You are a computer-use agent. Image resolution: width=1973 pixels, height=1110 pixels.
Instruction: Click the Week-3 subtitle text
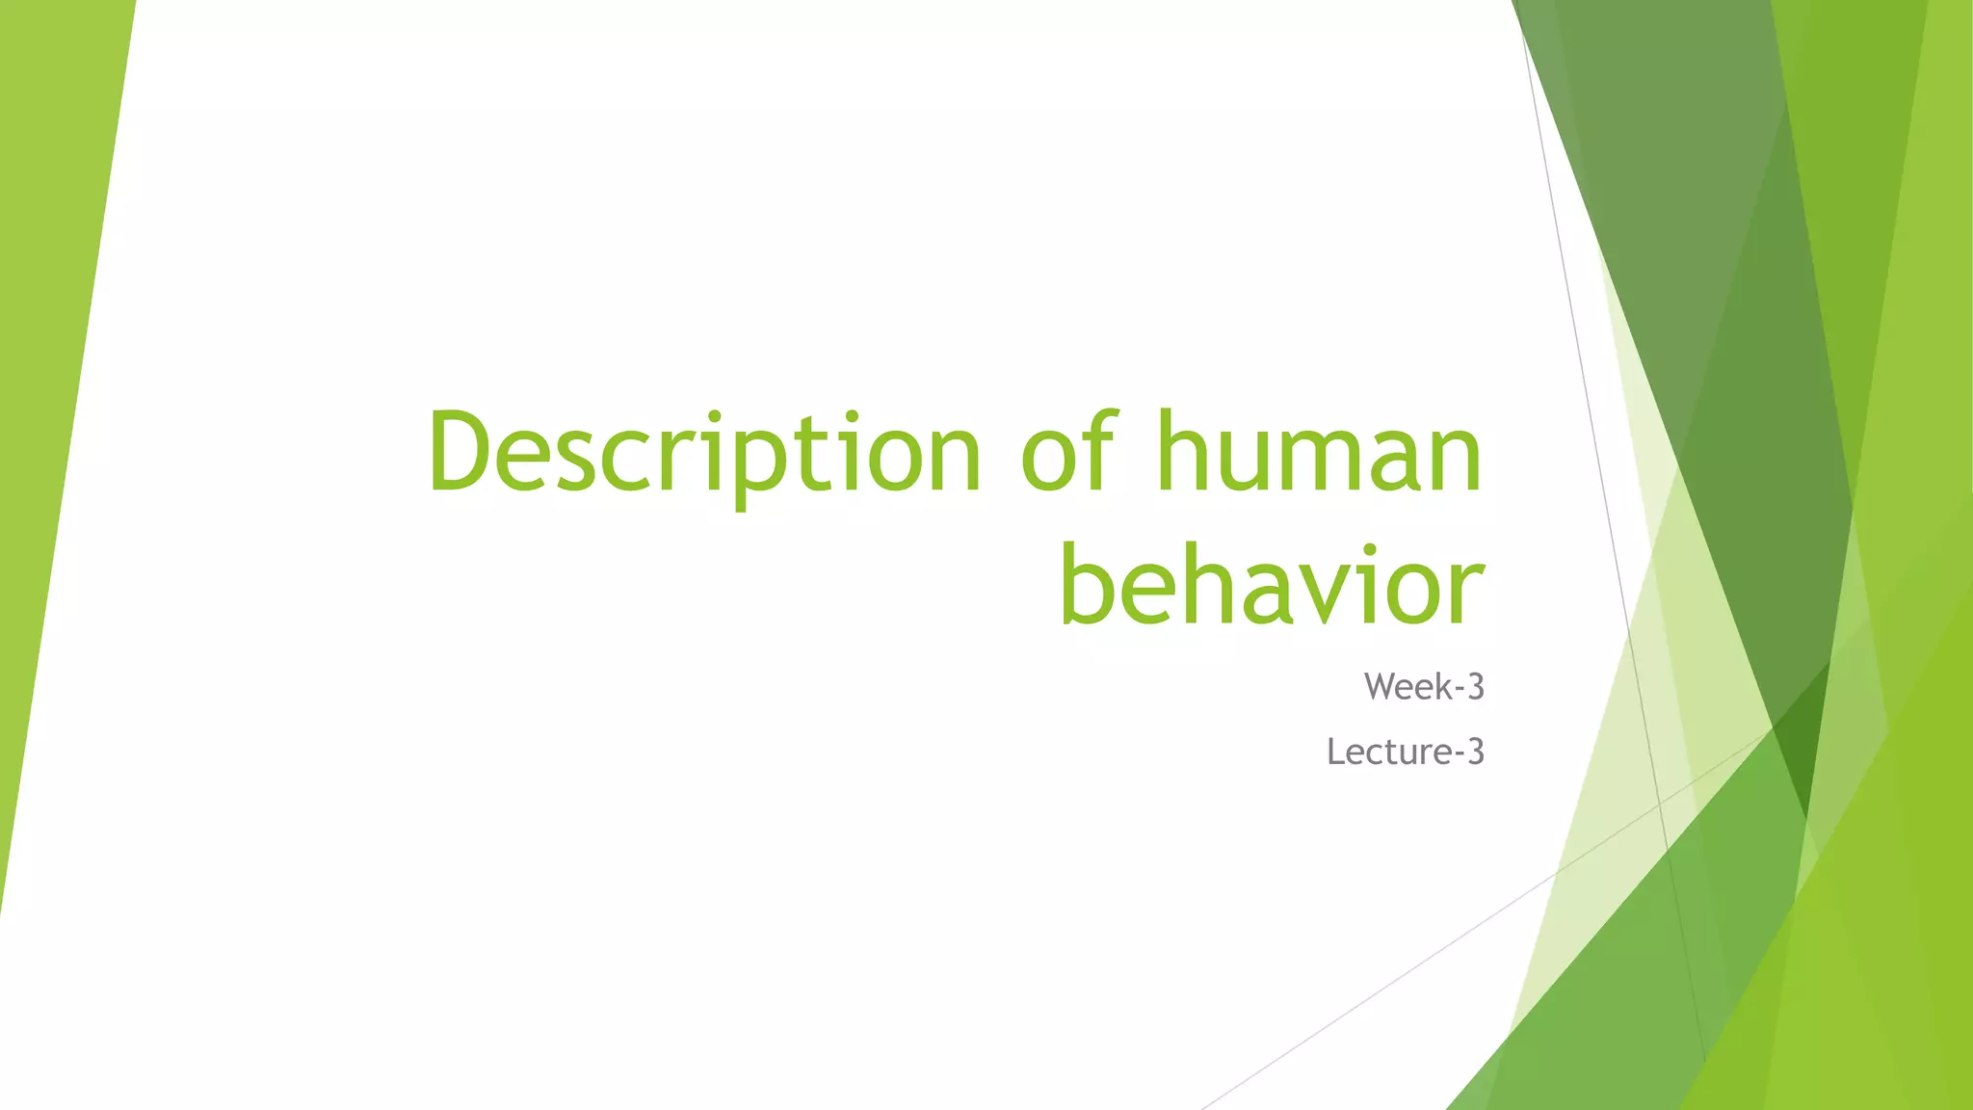pos(1424,687)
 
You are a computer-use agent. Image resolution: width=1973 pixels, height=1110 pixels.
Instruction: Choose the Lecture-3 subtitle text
pos(1406,752)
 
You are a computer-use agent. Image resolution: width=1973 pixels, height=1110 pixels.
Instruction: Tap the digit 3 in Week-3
pos(1475,687)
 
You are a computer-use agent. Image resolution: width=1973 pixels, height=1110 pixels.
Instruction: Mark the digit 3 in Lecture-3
pos(1475,752)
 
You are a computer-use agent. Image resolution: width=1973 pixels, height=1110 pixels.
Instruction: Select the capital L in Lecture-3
pos(1335,752)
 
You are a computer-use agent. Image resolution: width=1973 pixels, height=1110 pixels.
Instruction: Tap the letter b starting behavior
pos(1086,583)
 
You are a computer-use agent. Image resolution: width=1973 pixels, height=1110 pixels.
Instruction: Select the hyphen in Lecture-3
pos(1457,754)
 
